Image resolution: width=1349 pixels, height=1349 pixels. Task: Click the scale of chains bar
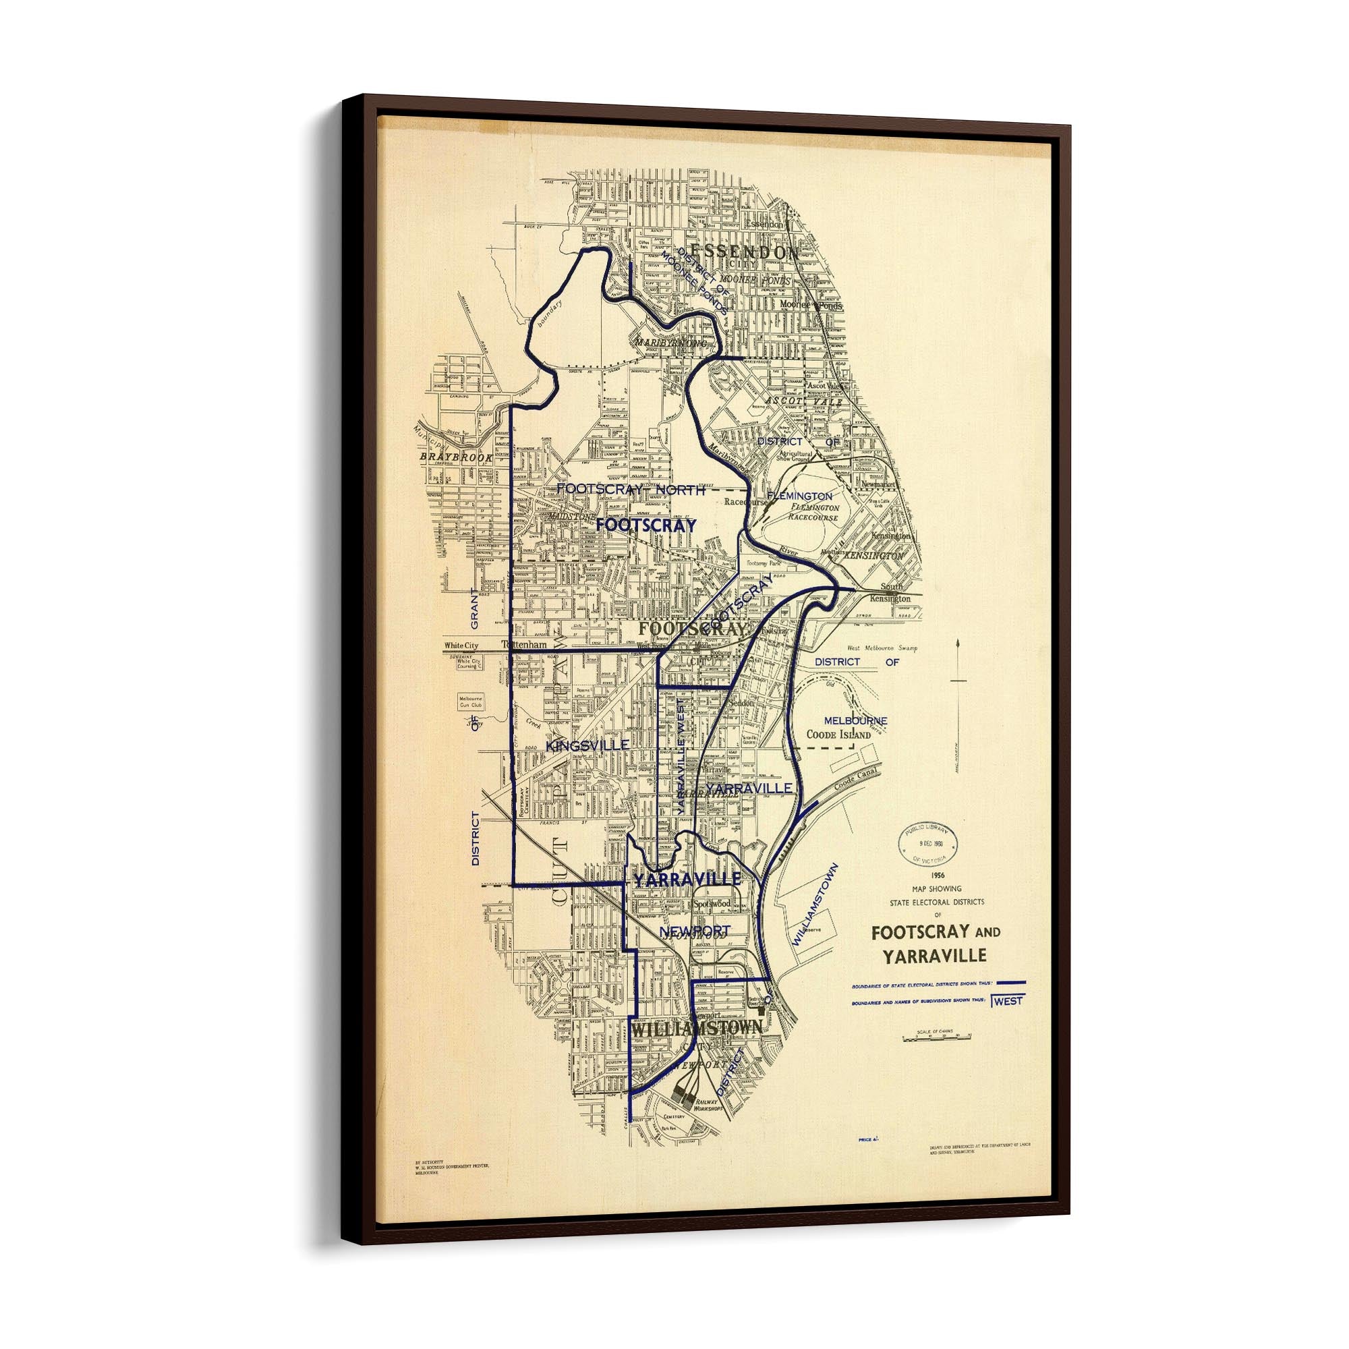tap(936, 1038)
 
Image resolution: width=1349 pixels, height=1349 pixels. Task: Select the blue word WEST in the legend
tap(1008, 1000)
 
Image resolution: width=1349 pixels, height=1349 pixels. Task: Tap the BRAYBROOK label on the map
tap(456, 456)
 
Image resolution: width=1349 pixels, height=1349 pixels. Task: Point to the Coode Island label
tap(838, 735)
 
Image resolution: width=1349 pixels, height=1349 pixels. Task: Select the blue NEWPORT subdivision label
tap(694, 931)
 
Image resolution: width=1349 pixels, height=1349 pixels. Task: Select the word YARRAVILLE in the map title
tap(934, 956)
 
